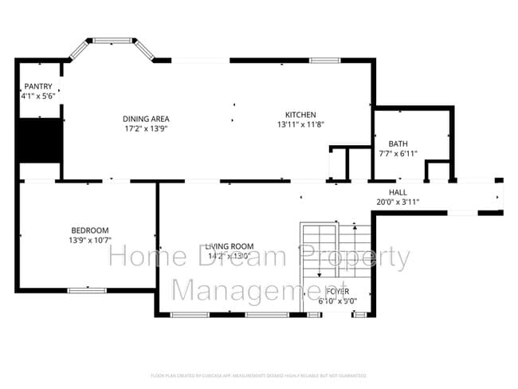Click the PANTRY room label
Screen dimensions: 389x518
[x=38, y=86]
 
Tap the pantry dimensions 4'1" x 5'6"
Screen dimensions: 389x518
[x=38, y=96]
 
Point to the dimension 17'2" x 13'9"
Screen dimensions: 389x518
[x=145, y=128]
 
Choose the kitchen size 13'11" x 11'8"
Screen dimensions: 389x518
[x=301, y=124]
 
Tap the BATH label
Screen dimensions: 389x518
[x=398, y=143]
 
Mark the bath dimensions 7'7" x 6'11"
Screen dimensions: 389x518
[x=398, y=153]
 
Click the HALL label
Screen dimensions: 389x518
[x=398, y=192]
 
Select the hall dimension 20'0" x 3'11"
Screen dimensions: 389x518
[x=398, y=202]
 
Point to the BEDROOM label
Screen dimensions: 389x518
[x=89, y=230]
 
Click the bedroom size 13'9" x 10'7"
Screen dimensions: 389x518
[x=89, y=240]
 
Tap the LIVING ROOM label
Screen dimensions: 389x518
[x=229, y=246]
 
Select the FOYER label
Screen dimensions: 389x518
[x=338, y=292]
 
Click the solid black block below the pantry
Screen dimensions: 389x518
[x=40, y=140]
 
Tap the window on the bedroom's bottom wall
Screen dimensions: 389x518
[x=87, y=290]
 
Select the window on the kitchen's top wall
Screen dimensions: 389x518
[x=324, y=60]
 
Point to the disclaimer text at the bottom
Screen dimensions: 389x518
[x=258, y=375]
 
